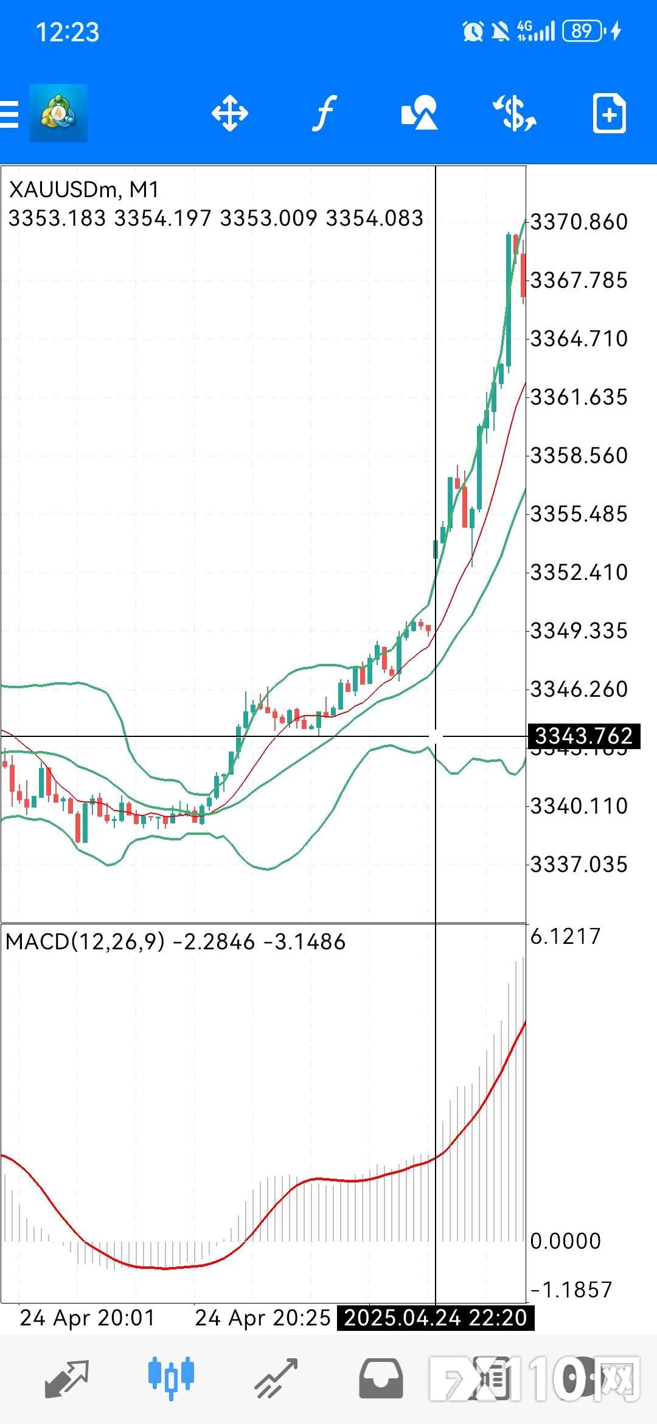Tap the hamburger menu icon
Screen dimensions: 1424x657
tap(9, 114)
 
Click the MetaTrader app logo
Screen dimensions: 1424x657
tap(58, 113)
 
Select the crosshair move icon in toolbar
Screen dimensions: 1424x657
tap(229, 113)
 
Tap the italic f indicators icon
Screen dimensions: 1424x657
tap(325, 113)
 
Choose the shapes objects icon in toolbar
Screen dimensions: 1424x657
tap(419, 113)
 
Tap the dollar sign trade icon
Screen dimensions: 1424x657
tap(515, 113)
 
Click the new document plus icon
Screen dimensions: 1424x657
tap(609, 113)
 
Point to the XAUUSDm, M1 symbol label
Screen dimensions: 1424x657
tap(84, 190)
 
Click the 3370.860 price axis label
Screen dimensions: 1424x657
tap(579, 222)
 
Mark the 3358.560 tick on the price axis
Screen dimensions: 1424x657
tap(579, 456)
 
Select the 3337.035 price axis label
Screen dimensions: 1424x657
tap(579, 865)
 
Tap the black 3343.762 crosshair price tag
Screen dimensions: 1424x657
tap(583, 736)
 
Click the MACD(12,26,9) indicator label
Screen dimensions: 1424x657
tap(85, 942)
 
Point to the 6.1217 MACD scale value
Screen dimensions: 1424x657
tap(565, 936)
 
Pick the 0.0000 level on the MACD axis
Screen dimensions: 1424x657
tap(565, 1241)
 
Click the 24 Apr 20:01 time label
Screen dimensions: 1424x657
tap(87, 1318)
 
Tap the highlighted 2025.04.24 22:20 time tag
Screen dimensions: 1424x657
tap(436, 1318)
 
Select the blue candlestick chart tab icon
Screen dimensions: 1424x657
tap(171, 1377)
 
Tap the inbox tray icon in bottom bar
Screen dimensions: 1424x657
tap(381, 1378)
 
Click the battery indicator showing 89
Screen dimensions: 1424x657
tap(582, 30)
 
